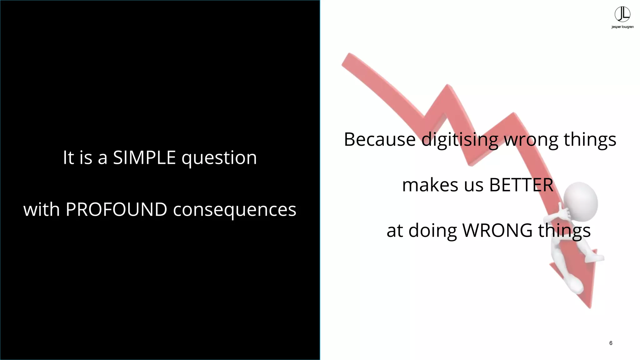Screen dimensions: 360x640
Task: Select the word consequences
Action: (235, 210)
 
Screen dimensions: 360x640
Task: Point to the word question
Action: (219, 158)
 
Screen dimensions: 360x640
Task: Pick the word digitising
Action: (460, 140)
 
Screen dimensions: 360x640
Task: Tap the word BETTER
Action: (521, 185)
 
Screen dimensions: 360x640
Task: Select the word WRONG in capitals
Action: (497, 230)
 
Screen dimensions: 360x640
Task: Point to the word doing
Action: (432, 231)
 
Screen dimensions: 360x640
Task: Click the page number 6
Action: (611, 343)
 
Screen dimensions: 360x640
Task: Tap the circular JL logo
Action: (622, 14)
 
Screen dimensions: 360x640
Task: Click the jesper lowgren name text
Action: (622, 27)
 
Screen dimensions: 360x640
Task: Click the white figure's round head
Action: (581, 200)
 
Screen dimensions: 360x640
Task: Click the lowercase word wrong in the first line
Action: (531, 140)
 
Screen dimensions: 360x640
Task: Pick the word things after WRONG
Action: (564, 231)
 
